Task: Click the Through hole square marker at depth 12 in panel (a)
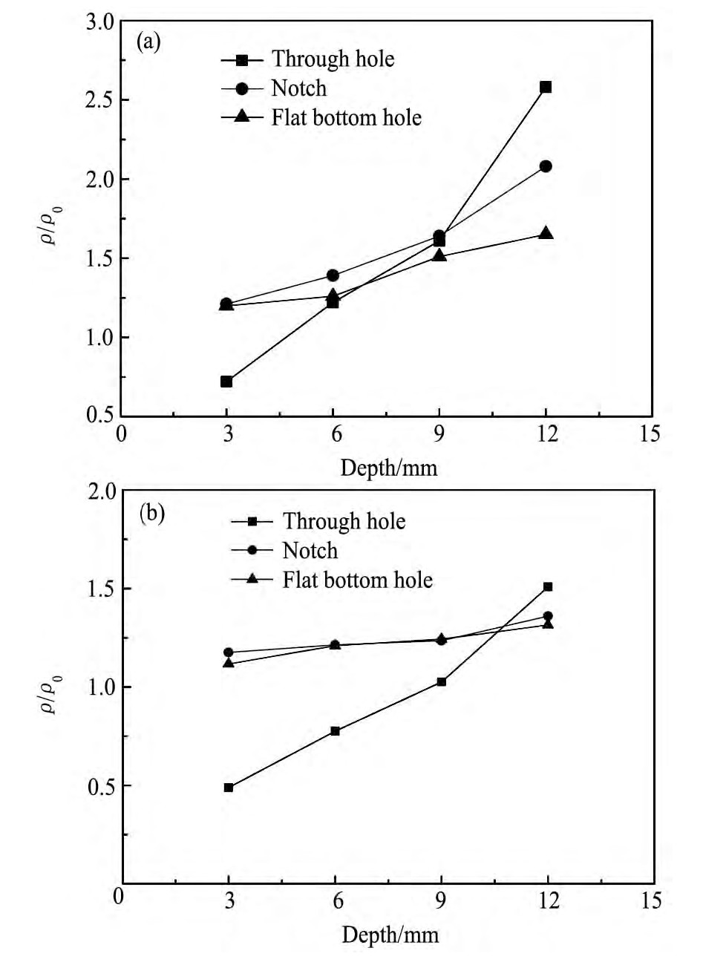546,87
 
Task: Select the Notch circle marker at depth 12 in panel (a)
546,166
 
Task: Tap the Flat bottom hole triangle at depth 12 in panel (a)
546,233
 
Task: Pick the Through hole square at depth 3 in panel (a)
226,382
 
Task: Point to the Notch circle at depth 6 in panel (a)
333,275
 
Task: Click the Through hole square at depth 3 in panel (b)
229,788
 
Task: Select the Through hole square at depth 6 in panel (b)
335,731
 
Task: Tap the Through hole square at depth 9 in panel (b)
442,681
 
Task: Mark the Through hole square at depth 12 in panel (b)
548,586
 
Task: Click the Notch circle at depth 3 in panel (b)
229,652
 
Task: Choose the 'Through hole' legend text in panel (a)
333,59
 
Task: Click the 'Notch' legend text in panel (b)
310,551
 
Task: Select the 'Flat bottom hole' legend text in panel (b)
357,580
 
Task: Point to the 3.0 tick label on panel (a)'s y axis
99,22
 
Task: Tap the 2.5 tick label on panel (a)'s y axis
99,100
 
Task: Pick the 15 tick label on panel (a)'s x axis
650,434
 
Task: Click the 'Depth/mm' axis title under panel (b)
390,935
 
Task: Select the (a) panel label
148,41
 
